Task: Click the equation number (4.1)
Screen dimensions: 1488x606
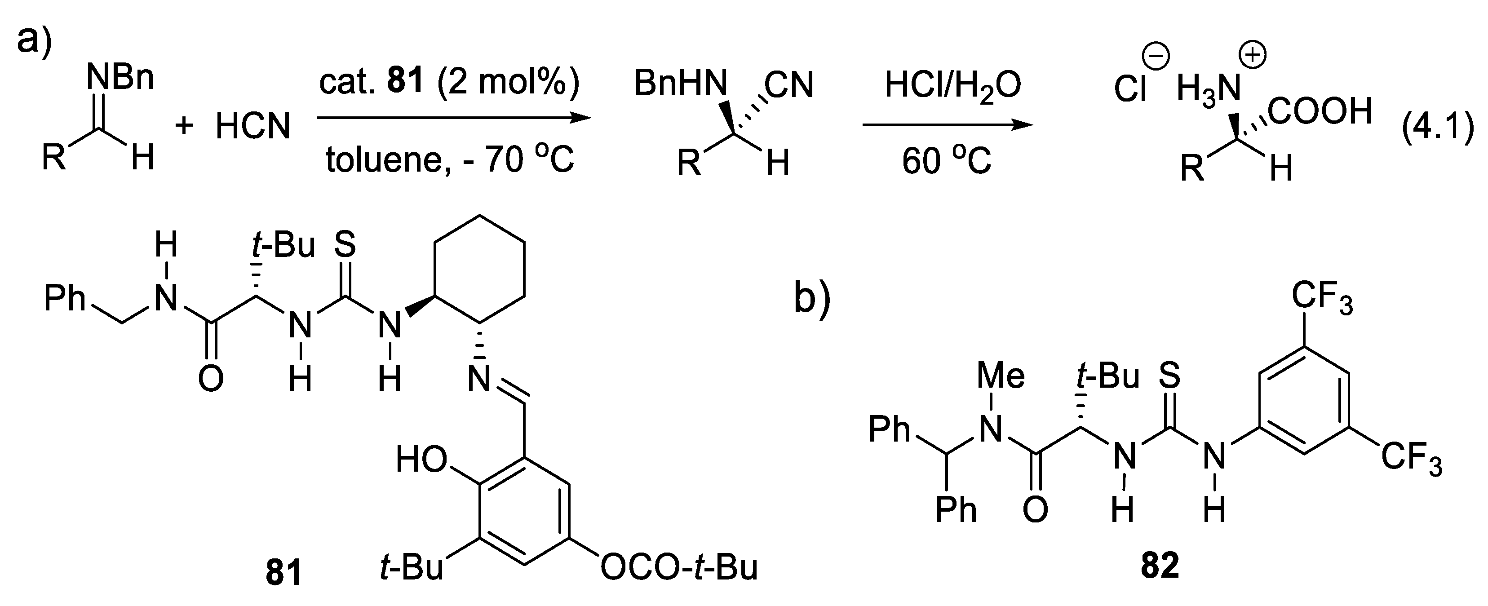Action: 1438,134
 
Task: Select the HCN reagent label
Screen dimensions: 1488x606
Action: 252,126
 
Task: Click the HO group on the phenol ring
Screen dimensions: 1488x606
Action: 422,460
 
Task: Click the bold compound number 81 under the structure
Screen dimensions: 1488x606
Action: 283,574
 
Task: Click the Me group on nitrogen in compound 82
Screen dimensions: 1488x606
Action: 1001,376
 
